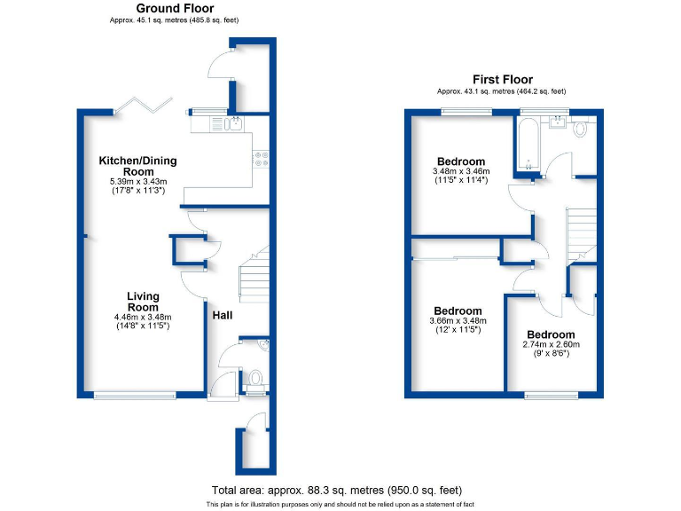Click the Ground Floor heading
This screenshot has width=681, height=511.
[x=175, y=9]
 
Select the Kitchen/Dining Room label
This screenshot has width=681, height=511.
[x=137, y=166]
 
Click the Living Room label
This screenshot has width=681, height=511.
[x=142, y=302]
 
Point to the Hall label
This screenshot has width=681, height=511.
[x=223, y=312]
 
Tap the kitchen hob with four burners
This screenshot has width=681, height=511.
[x=262, y=159]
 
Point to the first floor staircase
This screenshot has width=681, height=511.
[x=583, y=233]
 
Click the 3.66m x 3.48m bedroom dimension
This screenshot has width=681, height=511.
[x=458, y=320]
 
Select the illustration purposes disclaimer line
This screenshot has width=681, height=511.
[x=336, y=504]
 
